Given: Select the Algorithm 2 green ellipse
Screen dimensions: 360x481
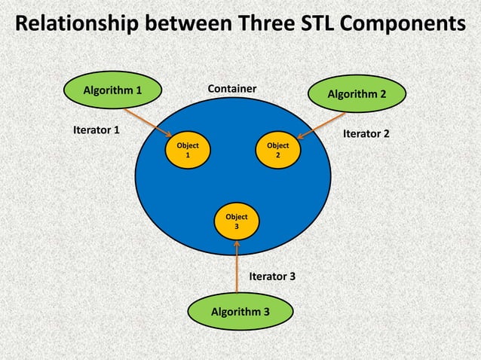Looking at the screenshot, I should pyautogui.click(x=357, y=94).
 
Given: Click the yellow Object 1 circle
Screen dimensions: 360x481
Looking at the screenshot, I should pyautogui.click(x=188, y=150).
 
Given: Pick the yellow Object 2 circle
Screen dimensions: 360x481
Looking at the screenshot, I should pyautogui.click(x=277, y=150).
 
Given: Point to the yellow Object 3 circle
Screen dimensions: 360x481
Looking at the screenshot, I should pyautogui.click(x=236, y=221).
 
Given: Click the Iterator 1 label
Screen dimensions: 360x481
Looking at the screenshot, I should pyautogui.click(x=96, y=130).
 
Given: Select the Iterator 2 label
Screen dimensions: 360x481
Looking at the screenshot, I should pyautogui.click(x=366, y=133).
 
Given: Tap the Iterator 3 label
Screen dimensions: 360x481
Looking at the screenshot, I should pyautogui.click(x=272, y=276).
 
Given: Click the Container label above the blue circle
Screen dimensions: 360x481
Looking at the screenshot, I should pyautogui.click(x=231, y=89).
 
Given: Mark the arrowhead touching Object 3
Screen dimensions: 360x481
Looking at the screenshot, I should pyautogui.click(x=237, y=244).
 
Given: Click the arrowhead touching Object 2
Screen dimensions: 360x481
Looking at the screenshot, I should pyautogui.click(x=300, y=136).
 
